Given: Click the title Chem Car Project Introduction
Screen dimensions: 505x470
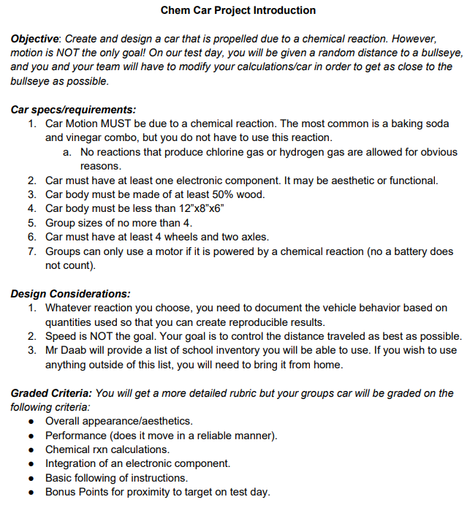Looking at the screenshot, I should tap(238, 10).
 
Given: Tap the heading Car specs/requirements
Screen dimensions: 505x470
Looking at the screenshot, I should tap(73, 110).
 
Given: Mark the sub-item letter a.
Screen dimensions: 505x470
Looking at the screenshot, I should tap(67, 152).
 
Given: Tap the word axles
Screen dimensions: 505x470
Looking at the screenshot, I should tap(254, 237).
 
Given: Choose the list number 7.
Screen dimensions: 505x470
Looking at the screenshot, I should tap(32, 251).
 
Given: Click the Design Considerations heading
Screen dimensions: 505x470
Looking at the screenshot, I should tap(71, 294).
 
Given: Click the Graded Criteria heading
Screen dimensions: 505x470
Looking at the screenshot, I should tap(50, 393).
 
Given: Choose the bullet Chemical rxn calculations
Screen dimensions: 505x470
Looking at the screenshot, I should tap(107, 449).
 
